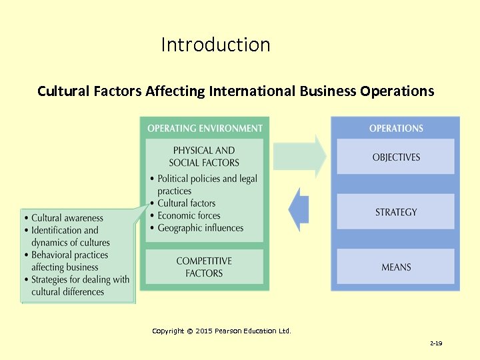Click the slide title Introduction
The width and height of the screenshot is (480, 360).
point(215,45)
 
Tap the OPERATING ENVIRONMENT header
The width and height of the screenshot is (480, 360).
point(205,128)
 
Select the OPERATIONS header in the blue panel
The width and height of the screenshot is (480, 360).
point(396,128)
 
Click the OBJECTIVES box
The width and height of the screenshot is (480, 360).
point(396,157)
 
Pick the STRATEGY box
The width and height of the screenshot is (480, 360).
point(396,212)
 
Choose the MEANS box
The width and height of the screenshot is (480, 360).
point(396,267)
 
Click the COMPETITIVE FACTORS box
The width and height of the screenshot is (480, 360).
point(204,267)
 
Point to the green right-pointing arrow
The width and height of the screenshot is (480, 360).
point(300,157)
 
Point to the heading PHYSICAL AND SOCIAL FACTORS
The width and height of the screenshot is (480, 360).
point(204,156)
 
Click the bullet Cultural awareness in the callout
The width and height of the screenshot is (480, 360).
point(67,218)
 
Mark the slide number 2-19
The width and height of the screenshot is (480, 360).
point(436,343)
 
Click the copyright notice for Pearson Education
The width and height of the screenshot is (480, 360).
point(221,331)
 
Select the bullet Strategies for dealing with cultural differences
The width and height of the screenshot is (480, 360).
point(80,285)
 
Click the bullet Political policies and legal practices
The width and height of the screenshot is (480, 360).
point(207,185)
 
